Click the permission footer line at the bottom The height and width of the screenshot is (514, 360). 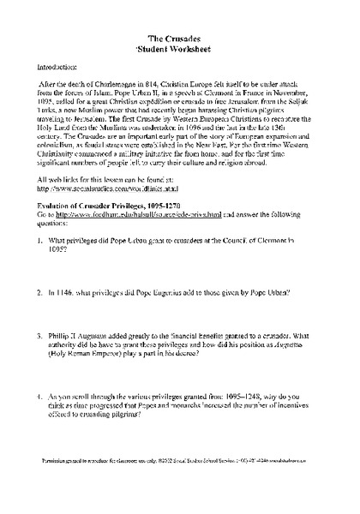(179, 484)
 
